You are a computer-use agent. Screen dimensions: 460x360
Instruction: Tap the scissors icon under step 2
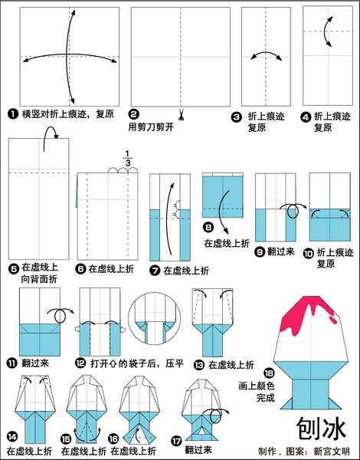click(183, 117)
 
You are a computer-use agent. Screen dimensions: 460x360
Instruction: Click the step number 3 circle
click(237, 117)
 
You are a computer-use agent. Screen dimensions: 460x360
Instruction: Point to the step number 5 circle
click(13, 268)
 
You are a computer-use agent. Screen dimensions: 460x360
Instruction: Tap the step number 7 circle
click(155, 270)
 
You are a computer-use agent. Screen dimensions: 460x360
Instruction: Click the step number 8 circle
click(208, 227)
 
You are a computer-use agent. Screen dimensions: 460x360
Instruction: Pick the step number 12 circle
click(80, 362)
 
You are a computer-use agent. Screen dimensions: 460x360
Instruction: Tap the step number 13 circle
click(200, 363)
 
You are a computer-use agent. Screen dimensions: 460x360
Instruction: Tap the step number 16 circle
click(115, 439)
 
